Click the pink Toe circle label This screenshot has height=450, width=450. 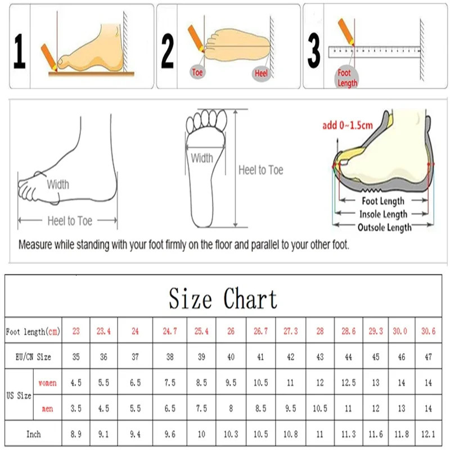[197, 72]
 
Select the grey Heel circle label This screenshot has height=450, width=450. [262, 73]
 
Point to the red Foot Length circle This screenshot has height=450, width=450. [347, 78]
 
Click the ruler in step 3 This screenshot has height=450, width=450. [374, 52]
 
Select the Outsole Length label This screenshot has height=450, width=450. [384, 227]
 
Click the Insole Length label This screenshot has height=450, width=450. [384, 214]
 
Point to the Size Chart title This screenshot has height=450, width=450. [223, 298]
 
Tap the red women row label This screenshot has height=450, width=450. [47, 383]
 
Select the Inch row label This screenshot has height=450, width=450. [33, 434]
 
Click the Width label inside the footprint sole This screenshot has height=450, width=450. [202, 158]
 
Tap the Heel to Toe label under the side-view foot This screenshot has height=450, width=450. [70, 221]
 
